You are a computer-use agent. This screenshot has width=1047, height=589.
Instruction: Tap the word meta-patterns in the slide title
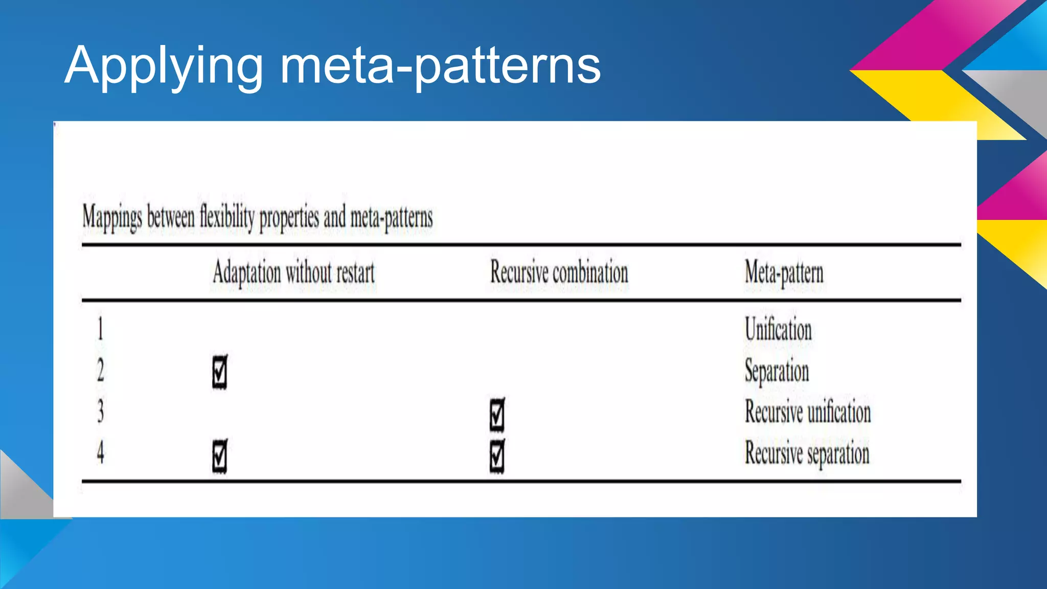(x=440, y=66)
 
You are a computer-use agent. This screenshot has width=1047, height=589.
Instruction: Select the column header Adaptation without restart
(x=293, y=273)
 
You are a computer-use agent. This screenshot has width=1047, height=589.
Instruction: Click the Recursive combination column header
(x=559, y=273)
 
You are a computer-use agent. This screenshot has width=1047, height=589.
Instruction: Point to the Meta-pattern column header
(x=784, y=273)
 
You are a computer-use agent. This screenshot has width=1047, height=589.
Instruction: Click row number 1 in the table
(x=100, y=329)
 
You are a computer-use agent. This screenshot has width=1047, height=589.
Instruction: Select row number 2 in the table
(x=100, y=370)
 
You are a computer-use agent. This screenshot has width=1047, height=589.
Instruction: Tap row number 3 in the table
(x=100, y=411)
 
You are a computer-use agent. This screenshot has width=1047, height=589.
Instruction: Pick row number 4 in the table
(x=100, y=452)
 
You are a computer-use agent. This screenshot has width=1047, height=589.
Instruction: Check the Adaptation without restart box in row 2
(x=220, y=372)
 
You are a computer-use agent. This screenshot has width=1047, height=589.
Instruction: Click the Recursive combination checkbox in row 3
(x=497, y=414)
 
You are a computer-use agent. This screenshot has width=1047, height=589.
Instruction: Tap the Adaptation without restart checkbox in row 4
(x=220, y=456)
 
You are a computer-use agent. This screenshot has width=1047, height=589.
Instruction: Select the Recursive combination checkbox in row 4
(x=497, y=456)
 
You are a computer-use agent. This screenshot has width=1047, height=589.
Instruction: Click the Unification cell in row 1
(x=778, y=329)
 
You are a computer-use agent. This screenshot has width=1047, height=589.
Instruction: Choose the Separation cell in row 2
(x=777, y=371)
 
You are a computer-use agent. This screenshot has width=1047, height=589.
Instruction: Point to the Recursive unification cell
(x=807, y=412)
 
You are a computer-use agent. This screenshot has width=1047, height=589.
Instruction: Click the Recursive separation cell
(x=807, y=453)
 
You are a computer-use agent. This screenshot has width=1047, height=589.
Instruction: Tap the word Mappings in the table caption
(x=112, y=217)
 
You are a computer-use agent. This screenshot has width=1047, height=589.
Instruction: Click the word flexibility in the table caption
(x=227, y=217)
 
